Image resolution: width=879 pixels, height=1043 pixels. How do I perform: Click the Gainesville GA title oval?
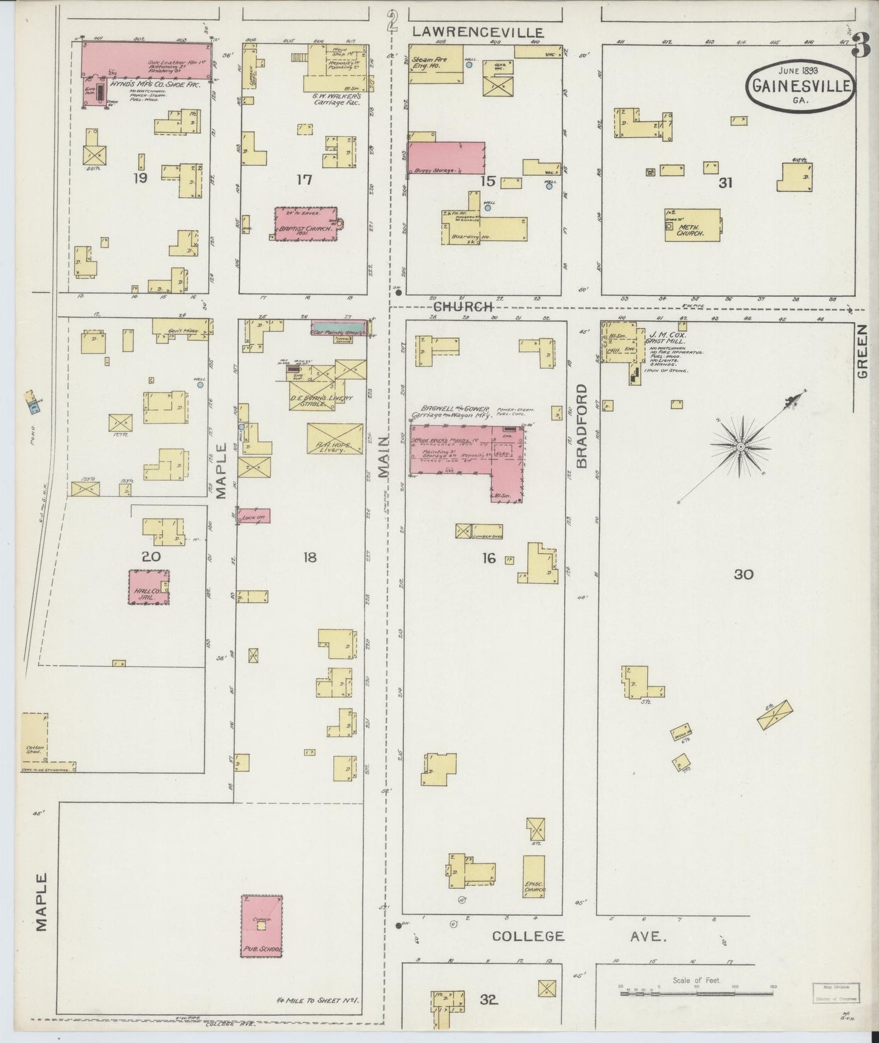tap(801, 86)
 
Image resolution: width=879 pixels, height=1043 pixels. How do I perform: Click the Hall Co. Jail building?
tap(148, 587)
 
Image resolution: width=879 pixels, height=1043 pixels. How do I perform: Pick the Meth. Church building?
tap(692, 225)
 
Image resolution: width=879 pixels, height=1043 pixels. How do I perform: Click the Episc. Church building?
tap(534, 876)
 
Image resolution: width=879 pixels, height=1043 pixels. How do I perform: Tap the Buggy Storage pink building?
tap(446, 158)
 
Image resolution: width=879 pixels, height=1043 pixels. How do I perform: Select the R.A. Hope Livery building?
tap(335, 438)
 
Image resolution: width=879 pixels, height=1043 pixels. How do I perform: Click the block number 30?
tap(744, 574)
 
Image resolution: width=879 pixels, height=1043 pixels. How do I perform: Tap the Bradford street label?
tap(582, 425)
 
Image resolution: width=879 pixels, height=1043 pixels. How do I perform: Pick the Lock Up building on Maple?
tap(254, 515)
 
